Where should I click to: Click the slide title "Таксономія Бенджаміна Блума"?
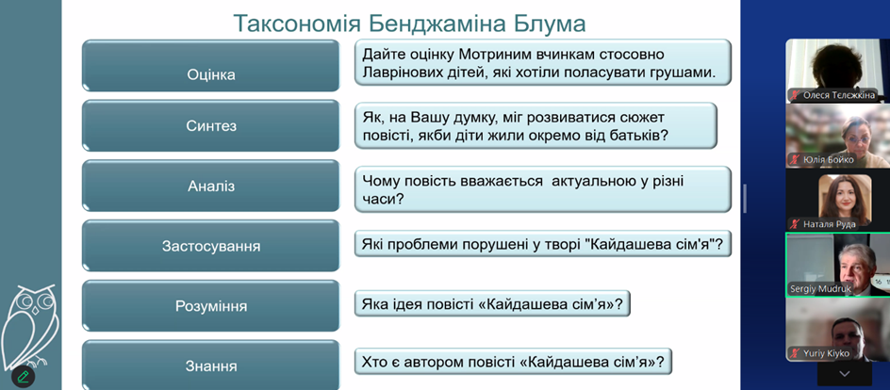(409, 24)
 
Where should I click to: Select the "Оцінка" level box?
(210, 65)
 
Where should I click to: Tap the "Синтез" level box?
(210, 125)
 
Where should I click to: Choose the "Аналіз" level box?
(210, 186)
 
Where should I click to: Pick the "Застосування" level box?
(210, 246)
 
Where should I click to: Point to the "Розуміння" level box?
(210, 306)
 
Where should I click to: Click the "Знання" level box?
(210, 366)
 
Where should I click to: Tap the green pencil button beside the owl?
(24, 376)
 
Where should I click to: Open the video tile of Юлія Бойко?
(838, 136)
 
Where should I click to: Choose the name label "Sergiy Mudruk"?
(820, 289)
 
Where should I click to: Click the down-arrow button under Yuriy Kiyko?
(844, 374)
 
